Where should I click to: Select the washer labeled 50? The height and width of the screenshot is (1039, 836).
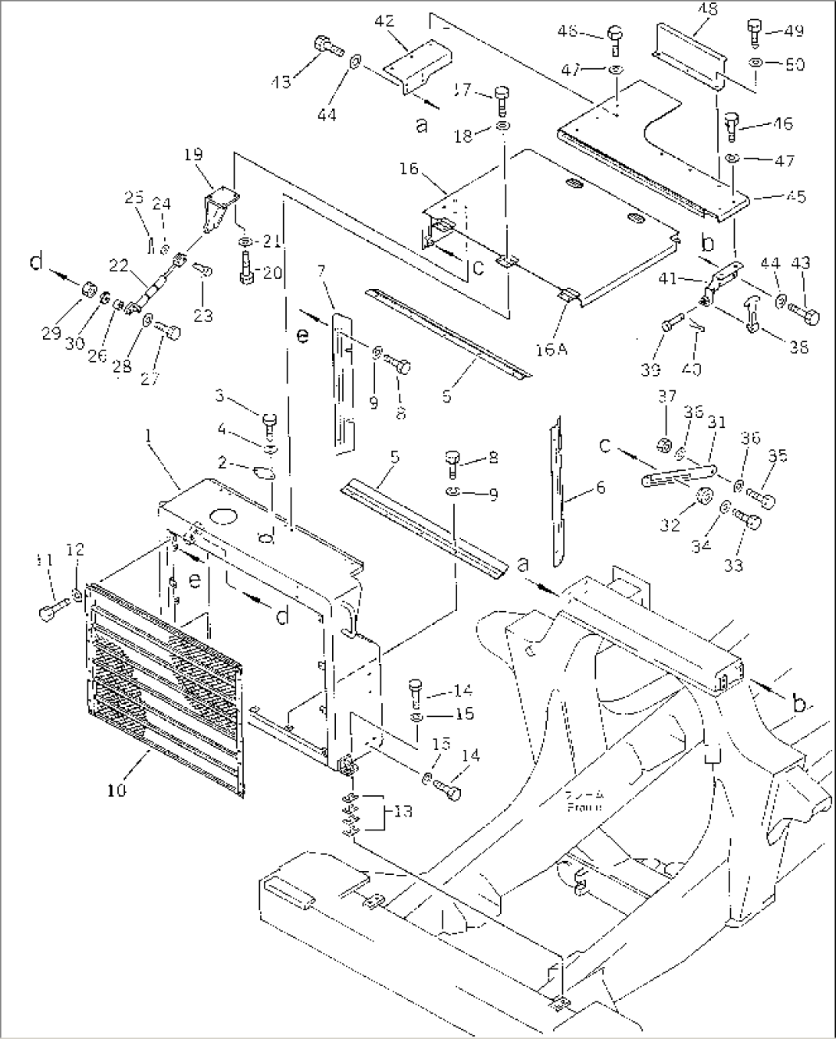(757, 63)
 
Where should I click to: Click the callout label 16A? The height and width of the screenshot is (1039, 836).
(551, 350)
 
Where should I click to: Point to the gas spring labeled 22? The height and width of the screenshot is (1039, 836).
(156, 284)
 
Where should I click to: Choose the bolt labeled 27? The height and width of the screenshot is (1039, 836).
(168, 333)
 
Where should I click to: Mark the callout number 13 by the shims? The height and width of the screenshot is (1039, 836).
(403, 811)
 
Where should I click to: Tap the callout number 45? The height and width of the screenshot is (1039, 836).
(795, 196)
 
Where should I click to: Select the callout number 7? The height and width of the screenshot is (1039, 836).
(321, 270)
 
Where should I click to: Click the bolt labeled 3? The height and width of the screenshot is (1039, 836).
(269, 422)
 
